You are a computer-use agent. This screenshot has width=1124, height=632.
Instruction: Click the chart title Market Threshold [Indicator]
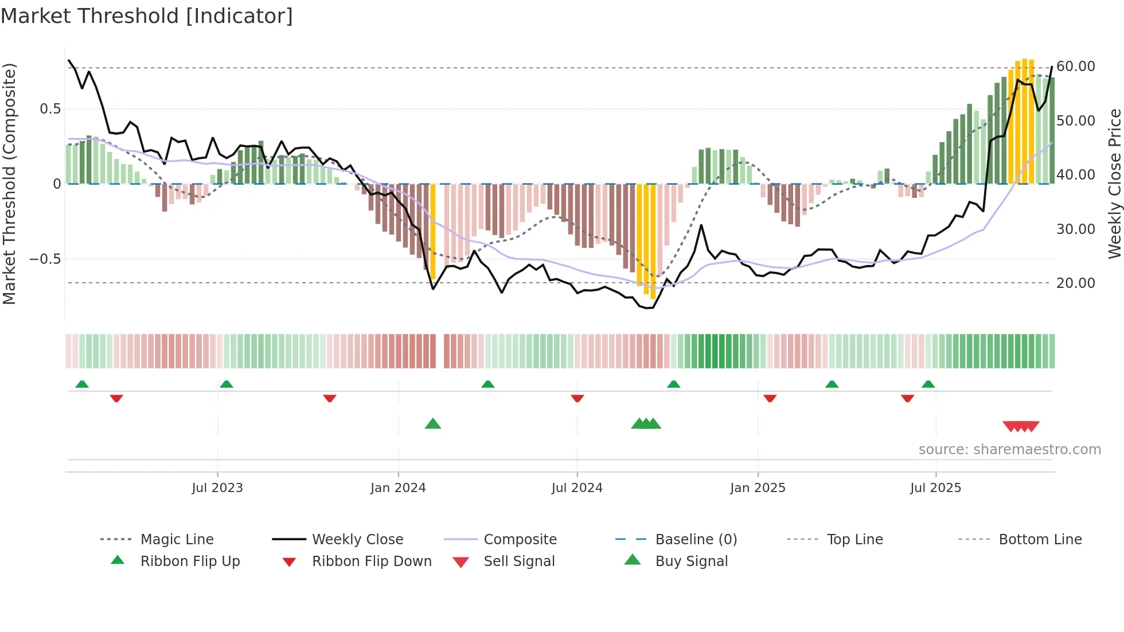pyautogui.click(x=147, y=16)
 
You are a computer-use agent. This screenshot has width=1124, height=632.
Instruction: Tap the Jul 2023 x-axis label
pyautogui.click(x=217, y=488)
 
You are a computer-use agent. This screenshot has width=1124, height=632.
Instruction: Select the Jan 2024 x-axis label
pyautogui.click(x=398, y=488)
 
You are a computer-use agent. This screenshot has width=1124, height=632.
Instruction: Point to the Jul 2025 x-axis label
pyautogui.click(x=935, y=488)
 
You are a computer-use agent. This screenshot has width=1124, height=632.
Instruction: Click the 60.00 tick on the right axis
pyautogui.click(x=1076, y=67)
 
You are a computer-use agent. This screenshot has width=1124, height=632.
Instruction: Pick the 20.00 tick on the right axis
pyautogui.click(x=1076, y=283)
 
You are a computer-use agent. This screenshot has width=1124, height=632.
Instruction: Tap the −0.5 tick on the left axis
pyautogui.click(x=45, y=259)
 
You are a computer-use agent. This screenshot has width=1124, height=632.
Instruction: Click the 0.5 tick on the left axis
pyautogui.click(x=50, y=109)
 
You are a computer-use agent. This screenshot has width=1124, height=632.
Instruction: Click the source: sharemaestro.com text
pyautogui.click(x=1009, y=450)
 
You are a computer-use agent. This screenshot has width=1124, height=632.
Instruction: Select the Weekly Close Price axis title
pyautogui.click(x=1114, y=184)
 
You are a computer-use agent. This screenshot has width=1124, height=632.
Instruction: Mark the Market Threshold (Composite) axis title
pyautogui.click(x=9, y=184)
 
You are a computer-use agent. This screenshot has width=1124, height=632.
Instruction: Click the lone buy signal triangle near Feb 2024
pyautogui.click(x=433, y=424)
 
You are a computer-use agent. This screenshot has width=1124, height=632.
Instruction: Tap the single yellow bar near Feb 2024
pyautogui.click(x=433, y=232)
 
